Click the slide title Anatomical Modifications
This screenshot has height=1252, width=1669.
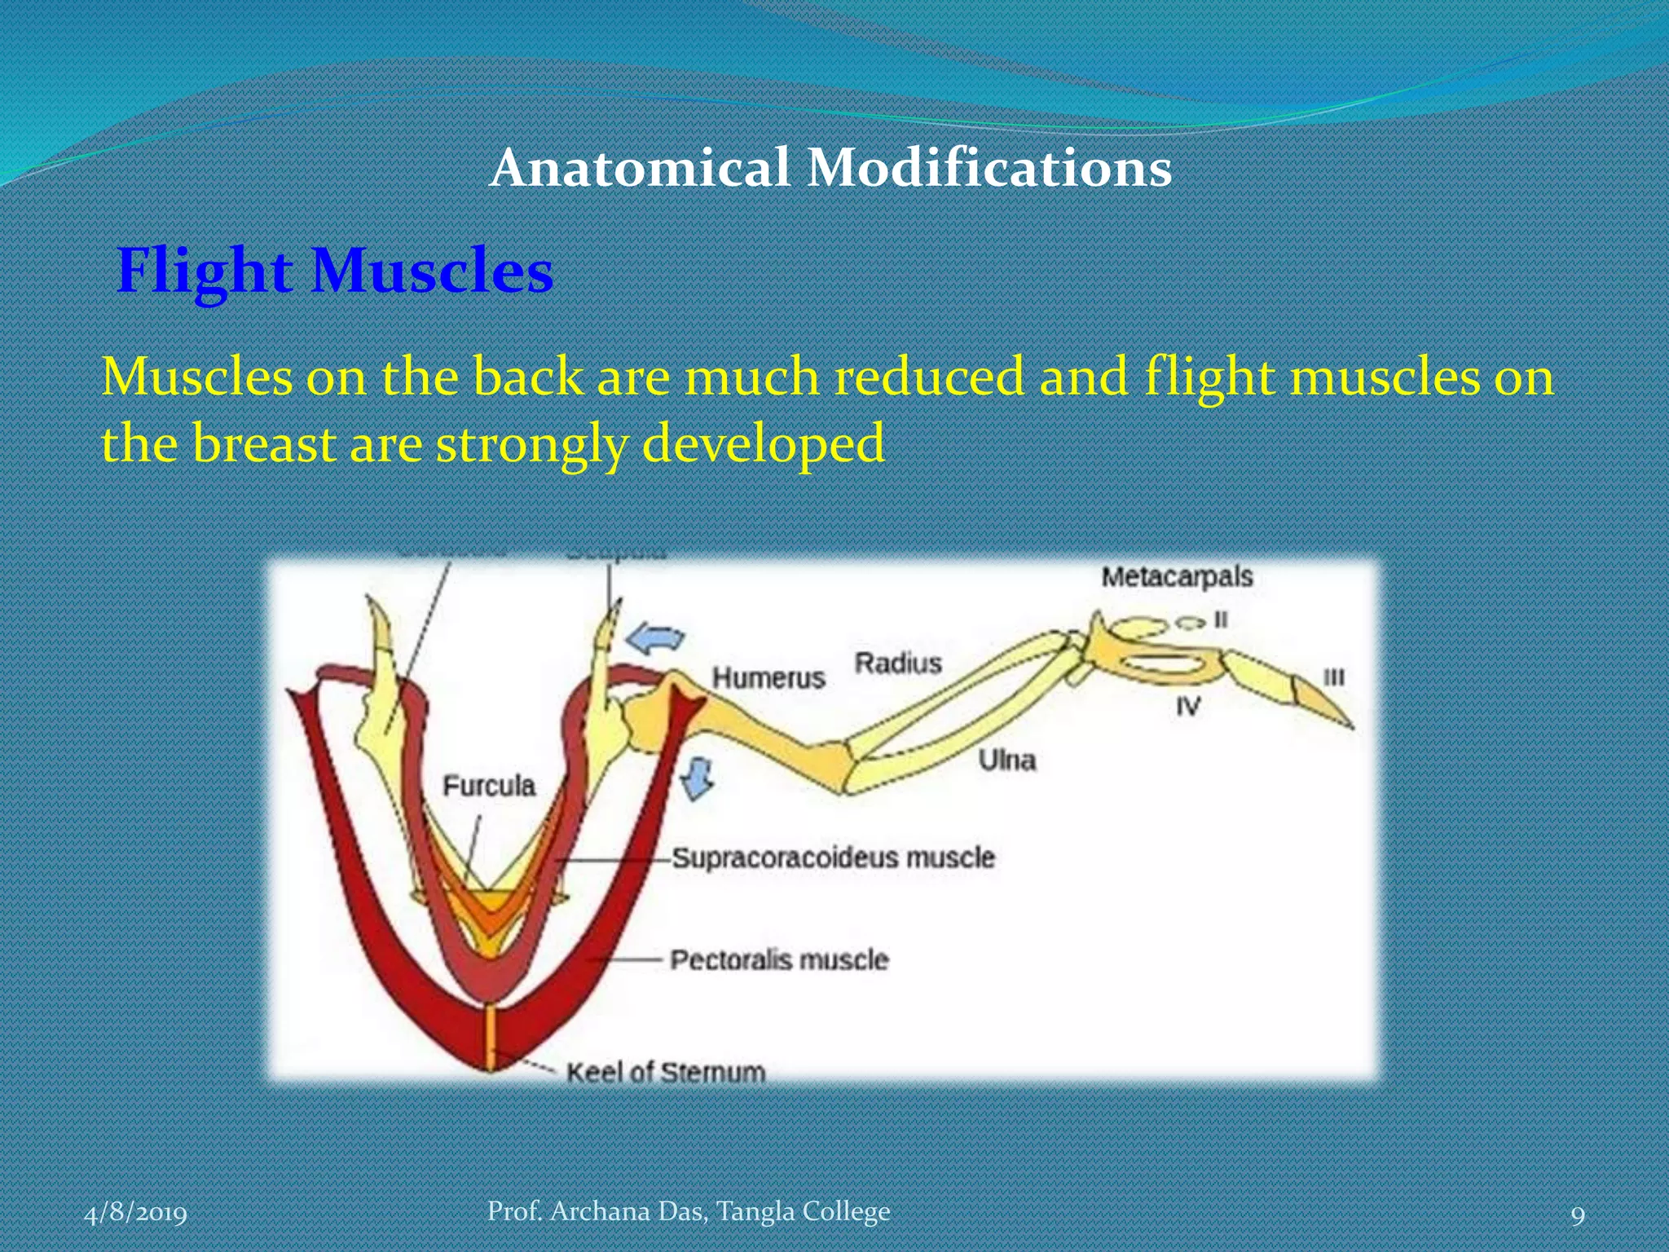830,168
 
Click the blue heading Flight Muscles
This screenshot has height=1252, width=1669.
335,271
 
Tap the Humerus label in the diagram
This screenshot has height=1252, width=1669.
768,677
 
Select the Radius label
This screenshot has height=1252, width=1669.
897,663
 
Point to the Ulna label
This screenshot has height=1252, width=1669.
1006,760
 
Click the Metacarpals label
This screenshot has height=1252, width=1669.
1176,576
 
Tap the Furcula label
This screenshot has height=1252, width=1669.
489,785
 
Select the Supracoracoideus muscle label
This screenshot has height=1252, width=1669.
833,857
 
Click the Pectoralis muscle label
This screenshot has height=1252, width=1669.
778,959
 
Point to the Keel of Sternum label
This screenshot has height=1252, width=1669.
666,1071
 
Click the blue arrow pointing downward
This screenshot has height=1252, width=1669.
698,777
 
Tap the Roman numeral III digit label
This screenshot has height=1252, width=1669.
1333,677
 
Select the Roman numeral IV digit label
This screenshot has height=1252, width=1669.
1187,706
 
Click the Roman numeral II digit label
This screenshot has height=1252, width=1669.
1220,619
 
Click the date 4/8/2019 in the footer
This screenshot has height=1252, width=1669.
135,1213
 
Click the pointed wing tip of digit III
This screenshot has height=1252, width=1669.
1349,724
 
